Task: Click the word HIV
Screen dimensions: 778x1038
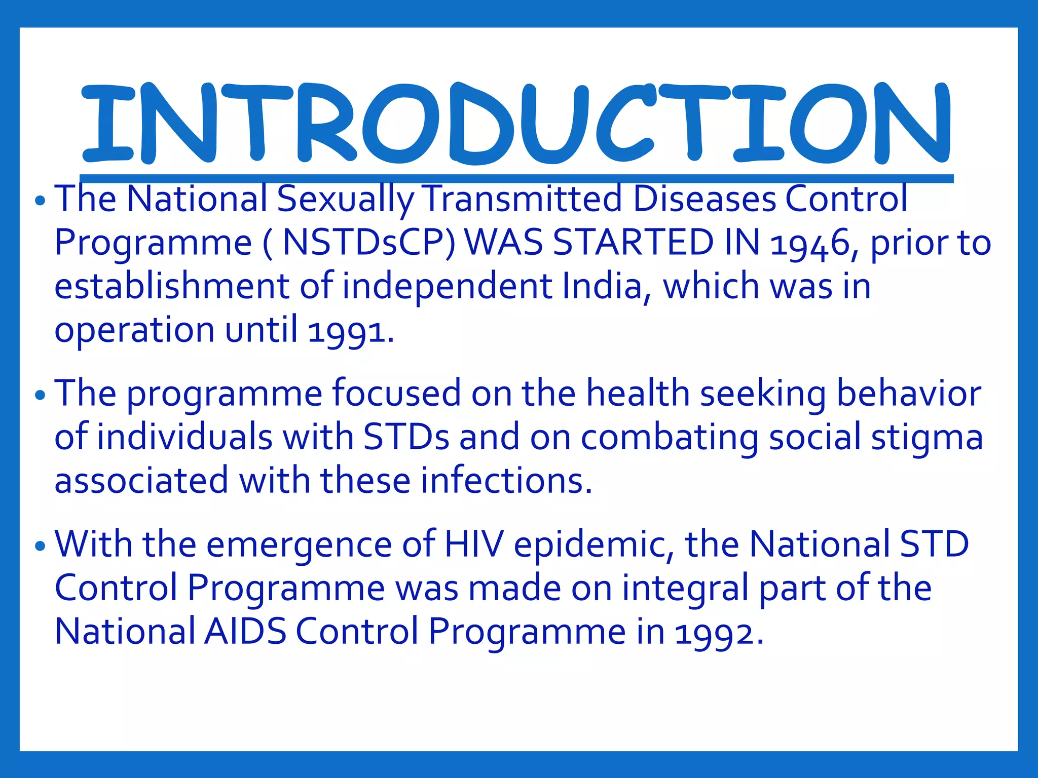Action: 474,544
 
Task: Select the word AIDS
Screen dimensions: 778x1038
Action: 245,632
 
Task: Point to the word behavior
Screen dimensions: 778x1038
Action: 909,394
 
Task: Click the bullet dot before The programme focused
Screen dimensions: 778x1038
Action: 41,395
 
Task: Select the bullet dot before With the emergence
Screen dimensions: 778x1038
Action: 41,547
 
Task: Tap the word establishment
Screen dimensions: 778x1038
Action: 171,286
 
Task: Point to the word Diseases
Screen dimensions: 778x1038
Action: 705,199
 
